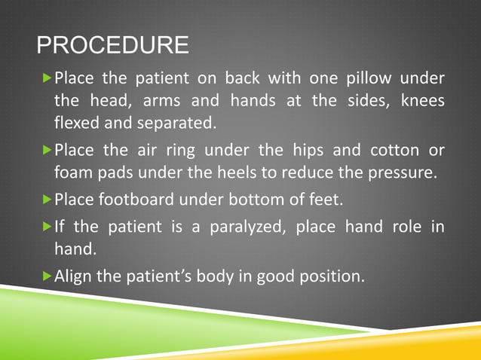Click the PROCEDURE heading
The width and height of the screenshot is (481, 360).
[x=113, y=46]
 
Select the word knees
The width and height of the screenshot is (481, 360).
[x=424, y=100]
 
